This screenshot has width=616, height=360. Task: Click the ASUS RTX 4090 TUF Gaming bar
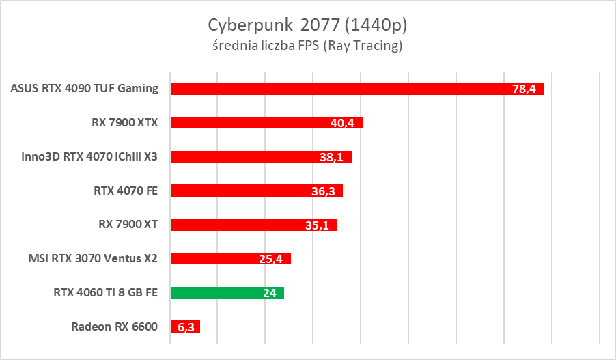click(x=341, y=89)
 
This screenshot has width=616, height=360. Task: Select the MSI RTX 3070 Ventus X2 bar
click(x=219, y=258)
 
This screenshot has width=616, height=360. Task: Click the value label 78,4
click(x=524, y=89)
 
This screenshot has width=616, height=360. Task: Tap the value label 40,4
click(x=343, y=123)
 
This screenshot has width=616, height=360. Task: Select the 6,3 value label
click(x=186, y=327)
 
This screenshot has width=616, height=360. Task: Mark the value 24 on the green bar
click(x=269, y=292)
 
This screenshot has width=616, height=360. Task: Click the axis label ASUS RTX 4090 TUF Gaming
click(x=85, y=88)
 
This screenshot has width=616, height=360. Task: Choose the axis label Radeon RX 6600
click(x=114, y=327)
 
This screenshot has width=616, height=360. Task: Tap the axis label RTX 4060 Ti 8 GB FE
click(x=105, y=292)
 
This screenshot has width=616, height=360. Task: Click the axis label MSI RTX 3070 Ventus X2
click(x=93, y=258)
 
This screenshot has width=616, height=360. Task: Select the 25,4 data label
click(x=272, y=258)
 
